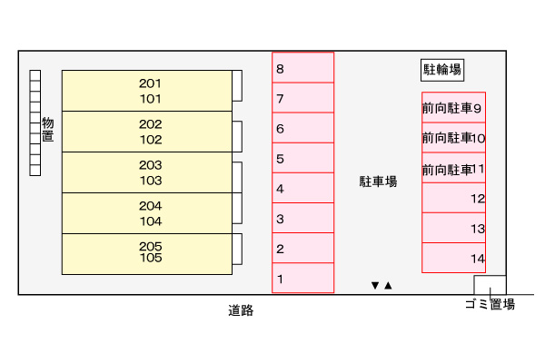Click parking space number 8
pos(303,68)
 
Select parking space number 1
pos(303,278)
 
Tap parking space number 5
pos(303,159)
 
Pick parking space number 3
pos(303,219)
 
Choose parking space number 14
pos(453,258)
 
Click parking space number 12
pos(453,198)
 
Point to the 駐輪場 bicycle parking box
pos(442,69)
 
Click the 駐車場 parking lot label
pos(378,181)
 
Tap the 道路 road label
pos(241,310)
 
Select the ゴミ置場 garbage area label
pos(490,305)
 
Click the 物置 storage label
pos(48,130)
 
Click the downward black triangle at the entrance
pos(374,286)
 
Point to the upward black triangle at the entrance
pos(388,286)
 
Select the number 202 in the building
pos(151,124)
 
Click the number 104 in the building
pos(151,221)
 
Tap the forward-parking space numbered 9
pos(453,108)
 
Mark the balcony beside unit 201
pos(237,85)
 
